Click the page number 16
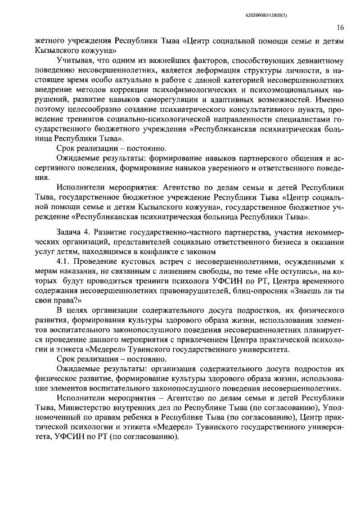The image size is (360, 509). point(340,26)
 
